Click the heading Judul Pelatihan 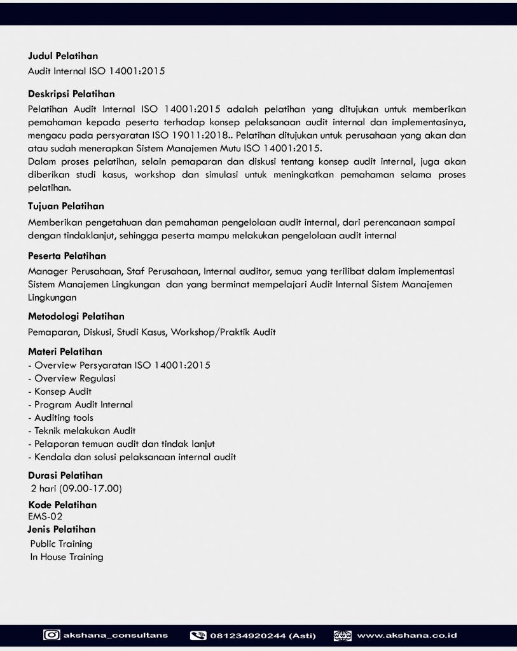[x=63, y=56]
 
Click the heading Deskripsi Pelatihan [x=71, y=94]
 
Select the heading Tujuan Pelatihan [x=66, y=206]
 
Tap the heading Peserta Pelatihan [x=67, y=256]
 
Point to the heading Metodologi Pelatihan [x=76, y=316]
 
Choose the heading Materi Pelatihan [x=65, y=351]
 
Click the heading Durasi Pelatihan [x=65, y=475]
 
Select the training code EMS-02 [x=45, y=516]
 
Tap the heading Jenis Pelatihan [x=62, y=529]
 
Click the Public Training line [x=62, y=544]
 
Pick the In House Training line [x=67, y=557]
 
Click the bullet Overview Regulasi [x=72, y=378]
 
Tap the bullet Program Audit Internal [x=81, y=404]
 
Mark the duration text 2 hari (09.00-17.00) [x=76, y=489]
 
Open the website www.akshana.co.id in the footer [x=407, y=635]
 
